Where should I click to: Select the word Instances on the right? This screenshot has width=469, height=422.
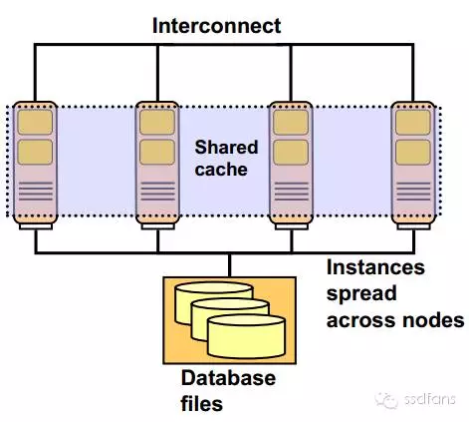point(376,269)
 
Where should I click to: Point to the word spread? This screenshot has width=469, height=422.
point(361,294)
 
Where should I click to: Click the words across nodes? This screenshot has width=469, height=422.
point(396,320)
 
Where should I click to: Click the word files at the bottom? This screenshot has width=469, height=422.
point(202,404)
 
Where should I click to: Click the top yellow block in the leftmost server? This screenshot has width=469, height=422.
point(35,123)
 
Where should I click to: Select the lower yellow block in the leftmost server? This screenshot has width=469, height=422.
point(35,152)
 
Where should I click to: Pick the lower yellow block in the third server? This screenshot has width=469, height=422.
point(290,152)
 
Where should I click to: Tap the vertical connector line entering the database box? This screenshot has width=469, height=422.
point(229,263)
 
